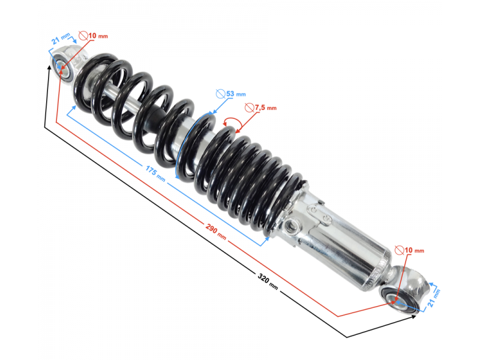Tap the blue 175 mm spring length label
[152, 172]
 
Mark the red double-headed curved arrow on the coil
[232, 124]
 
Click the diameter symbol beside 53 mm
[220, 94]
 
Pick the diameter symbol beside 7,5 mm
[250, 107]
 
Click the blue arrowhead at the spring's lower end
[266, 242]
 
